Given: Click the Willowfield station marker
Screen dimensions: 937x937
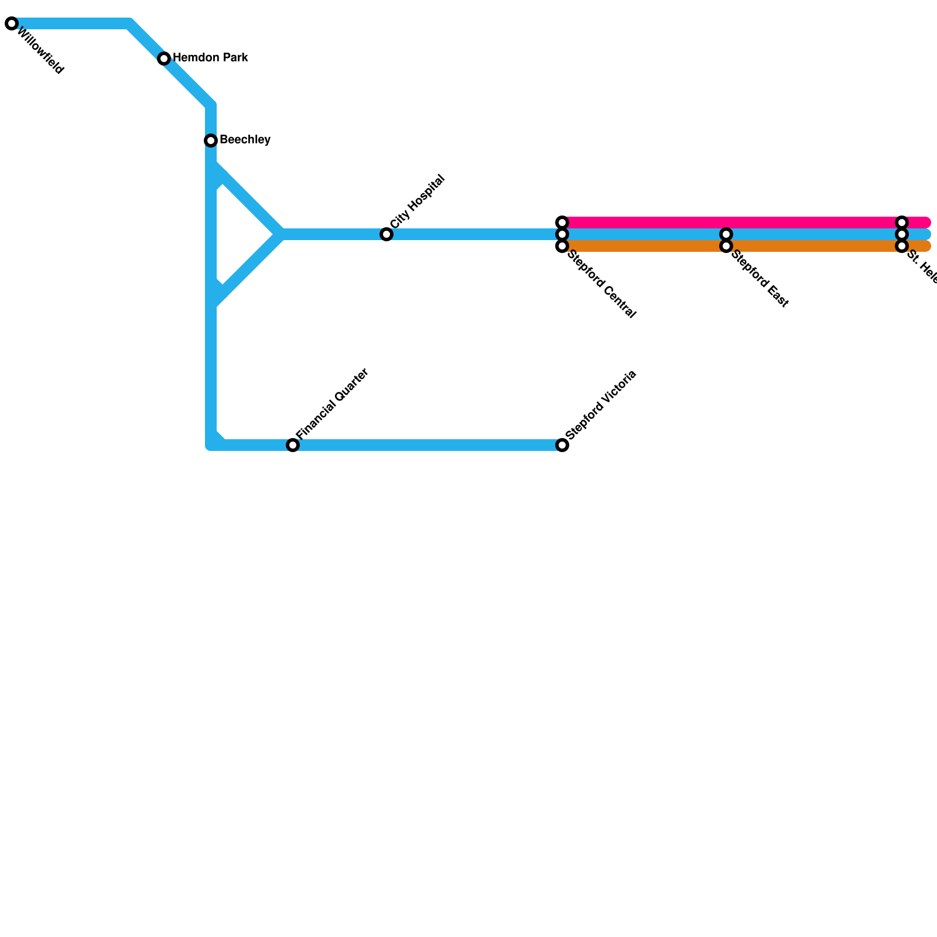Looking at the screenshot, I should click(x=12, y=24).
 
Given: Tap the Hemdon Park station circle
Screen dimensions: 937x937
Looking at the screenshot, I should click(x=164, y=59).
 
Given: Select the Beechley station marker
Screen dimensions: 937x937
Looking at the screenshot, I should click(x=211, y=141).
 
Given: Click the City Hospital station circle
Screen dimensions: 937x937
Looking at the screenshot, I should click(x=387, y=234).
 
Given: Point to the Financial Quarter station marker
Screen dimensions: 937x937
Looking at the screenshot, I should click(x=293, y=445).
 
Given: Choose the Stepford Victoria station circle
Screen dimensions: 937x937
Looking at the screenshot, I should click(x=562, y=445).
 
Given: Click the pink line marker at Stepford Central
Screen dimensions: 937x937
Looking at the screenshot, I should click(x=562, y=223).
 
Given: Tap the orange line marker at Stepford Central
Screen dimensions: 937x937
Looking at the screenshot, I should click(x=562, y=246).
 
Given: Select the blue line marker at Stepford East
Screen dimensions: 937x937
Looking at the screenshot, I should click(x=726, y=234).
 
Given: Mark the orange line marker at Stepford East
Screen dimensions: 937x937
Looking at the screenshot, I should click(x=726, y=246).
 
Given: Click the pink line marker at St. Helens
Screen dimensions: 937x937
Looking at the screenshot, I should click(x=902, y=223).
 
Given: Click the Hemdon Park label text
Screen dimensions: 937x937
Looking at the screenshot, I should click(x=210, y=58).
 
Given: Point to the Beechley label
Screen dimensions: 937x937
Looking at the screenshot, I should click(x=245, y=140).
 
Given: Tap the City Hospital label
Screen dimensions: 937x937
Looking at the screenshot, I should click(x=418, y=202).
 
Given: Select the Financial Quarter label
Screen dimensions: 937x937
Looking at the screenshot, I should click(x=332, y=404).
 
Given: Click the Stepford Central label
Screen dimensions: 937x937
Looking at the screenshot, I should click(x=601, y=285).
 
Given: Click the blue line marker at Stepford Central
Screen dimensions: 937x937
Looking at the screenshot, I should click(x=562, y=234).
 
